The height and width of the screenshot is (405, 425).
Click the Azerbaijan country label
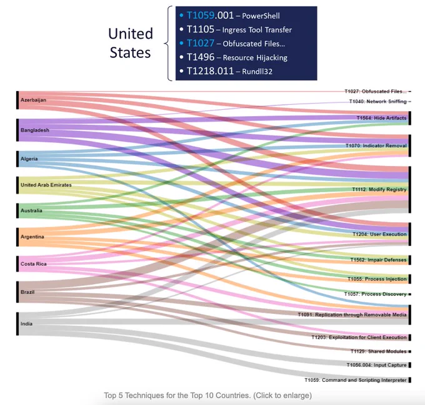33,100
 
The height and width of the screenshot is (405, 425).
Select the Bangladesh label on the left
35,130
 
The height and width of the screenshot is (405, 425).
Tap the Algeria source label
29,159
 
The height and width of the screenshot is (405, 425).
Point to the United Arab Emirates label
46,185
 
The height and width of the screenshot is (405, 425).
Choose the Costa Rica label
34,264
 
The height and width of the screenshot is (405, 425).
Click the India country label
26,324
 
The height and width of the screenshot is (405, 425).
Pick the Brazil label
27,292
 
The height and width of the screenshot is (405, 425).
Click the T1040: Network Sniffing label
378,102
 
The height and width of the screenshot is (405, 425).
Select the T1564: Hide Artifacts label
382,118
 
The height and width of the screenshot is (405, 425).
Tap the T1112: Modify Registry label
379,189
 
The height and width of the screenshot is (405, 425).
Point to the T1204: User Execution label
380,234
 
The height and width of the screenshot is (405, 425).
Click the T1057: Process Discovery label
376,294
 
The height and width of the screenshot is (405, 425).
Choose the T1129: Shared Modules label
379,351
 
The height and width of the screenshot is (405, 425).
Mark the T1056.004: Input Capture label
377,365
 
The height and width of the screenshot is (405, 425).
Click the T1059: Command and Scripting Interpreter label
356,380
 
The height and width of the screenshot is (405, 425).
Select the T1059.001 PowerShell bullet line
230,16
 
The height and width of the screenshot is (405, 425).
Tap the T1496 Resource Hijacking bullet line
234,57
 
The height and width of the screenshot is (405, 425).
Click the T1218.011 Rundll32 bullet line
226,71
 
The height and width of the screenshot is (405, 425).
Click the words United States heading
131,42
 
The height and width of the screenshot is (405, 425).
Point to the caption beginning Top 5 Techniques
208,395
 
